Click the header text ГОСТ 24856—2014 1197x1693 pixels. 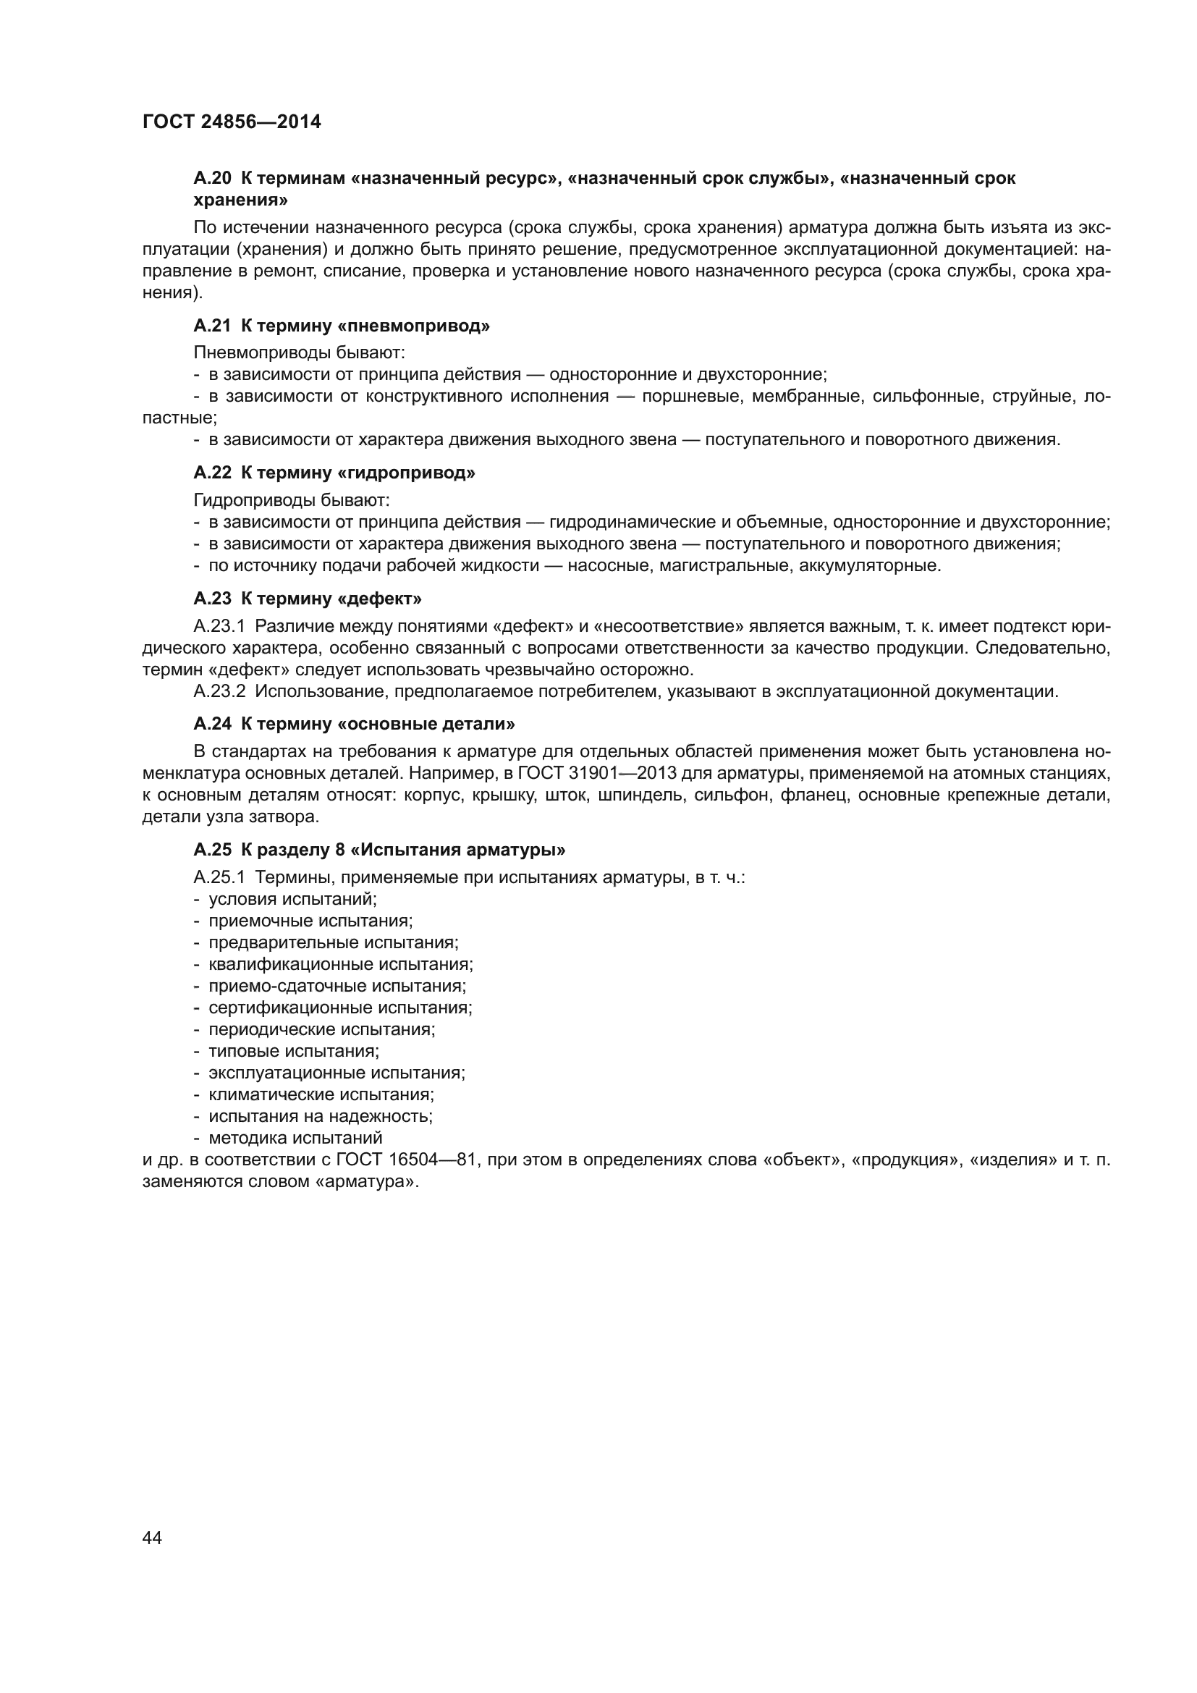click(232, 122)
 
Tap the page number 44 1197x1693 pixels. click(152, 1537)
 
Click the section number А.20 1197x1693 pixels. click(212, 178)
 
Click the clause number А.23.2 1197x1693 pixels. click(219, 692)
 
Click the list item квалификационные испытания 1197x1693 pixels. click(341, 964)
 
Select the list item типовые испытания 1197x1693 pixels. click(293, 1051)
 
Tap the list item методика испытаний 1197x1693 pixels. click(295, 1138)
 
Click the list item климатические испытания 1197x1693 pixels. click(321, 1094)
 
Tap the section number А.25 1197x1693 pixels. click(212, 850)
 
